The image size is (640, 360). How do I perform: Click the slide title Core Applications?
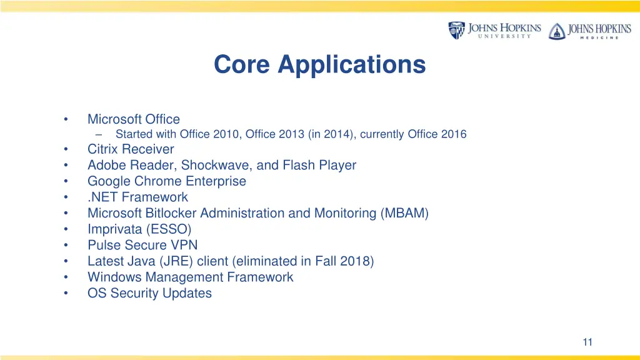319,64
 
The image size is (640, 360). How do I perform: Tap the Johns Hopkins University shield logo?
457,30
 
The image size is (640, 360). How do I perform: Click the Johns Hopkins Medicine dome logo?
556,31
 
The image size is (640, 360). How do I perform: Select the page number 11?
587,341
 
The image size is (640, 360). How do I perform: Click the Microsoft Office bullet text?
133,119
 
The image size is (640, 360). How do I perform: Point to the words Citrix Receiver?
131,149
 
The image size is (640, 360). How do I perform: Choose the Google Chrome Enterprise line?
166,181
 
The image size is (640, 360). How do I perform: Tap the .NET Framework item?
137,197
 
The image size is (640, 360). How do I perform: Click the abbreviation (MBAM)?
404,213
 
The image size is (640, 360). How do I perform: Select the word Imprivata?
114,229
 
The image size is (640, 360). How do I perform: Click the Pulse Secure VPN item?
142,245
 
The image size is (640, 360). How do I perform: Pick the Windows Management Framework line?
190,277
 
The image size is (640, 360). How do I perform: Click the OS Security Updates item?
149,293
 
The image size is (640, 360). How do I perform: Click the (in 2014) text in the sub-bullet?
331,134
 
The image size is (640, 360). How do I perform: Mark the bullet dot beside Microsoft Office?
66,119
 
